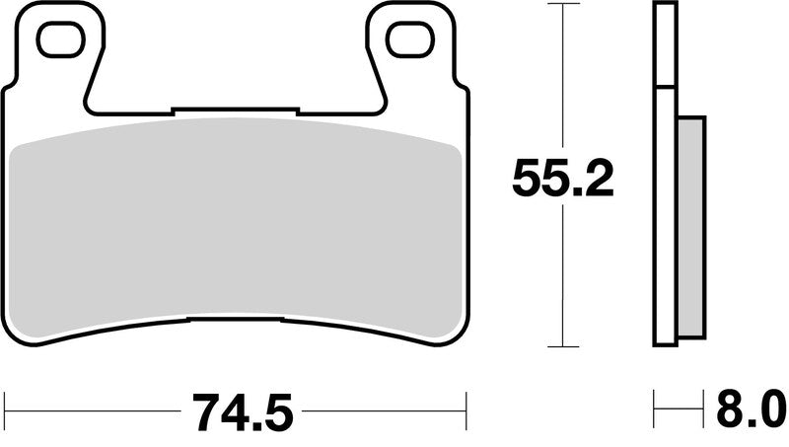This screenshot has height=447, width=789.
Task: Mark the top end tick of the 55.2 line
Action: [x=562, y=5]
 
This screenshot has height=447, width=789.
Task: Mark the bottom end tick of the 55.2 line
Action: [x=562, y=346]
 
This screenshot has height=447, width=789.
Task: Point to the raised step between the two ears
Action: [x=235, y=108]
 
